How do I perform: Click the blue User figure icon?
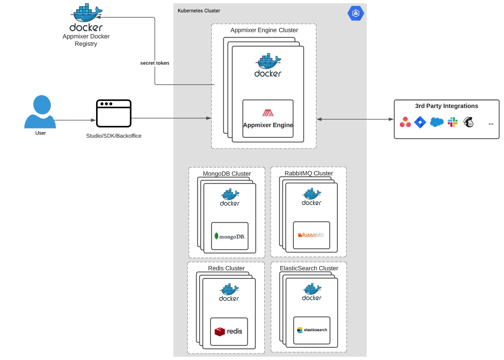pos(40,112)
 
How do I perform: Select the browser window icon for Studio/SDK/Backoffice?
pos(113,113)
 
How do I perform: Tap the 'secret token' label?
pos(155,63)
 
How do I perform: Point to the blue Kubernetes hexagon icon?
pos(356,13)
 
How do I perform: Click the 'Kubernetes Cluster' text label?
pos(199,11)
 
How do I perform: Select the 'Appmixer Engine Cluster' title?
pos(264,30)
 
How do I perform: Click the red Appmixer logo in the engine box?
pos(268,113)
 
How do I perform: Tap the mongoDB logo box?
pos(230,236)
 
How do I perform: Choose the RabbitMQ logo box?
pos(311,235)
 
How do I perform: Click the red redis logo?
pos(220,331)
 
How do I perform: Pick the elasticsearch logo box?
pos(312,330)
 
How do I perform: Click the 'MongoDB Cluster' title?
pos(227,173)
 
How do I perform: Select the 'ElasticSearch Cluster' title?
pos(309,268)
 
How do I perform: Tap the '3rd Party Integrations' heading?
pos(447,106)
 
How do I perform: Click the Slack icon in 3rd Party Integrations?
pos(452,122)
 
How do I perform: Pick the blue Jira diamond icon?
pos(420,122)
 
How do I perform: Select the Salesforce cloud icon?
pos(437,122)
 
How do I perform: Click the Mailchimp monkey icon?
pos(469,122)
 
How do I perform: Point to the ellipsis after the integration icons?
pos(491,124)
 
